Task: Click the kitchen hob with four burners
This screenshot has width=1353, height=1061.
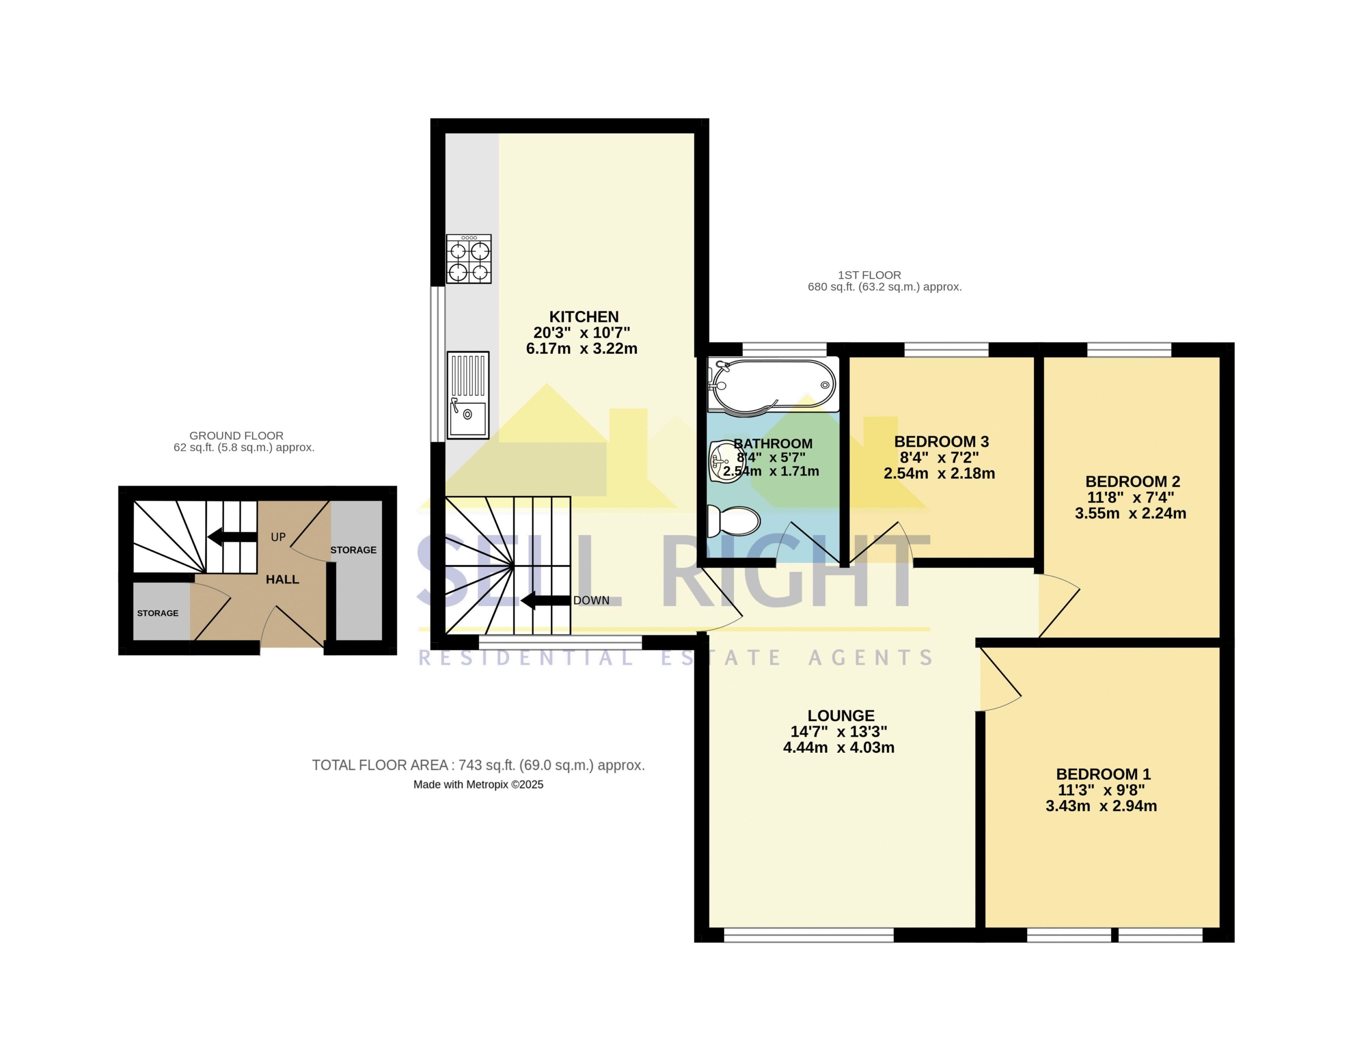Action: click(469, 259)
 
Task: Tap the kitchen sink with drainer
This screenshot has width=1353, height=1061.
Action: click(468, 396)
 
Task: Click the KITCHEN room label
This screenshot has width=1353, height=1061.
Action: click(583, 317)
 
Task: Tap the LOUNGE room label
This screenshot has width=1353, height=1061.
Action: click(841, 716)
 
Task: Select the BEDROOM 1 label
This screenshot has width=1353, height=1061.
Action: click(1104, 774)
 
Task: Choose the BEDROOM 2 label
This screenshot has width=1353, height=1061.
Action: click(1133, 482)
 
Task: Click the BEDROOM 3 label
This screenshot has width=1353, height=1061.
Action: click(941, 442)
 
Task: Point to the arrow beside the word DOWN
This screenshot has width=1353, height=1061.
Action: click(545, 601)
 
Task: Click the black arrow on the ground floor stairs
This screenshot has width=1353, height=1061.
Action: click(232, 536)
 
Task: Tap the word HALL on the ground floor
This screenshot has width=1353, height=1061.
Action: click(282, 579)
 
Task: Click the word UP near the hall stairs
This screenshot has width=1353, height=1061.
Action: click(278, 537)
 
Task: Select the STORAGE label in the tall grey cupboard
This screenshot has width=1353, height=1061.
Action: click(353, 550)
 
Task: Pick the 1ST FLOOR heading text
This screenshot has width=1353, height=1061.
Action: click(869, 274)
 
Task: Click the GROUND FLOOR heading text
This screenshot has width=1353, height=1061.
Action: click(237, 436)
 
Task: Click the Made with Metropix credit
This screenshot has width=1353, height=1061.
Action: click(478, 785)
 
